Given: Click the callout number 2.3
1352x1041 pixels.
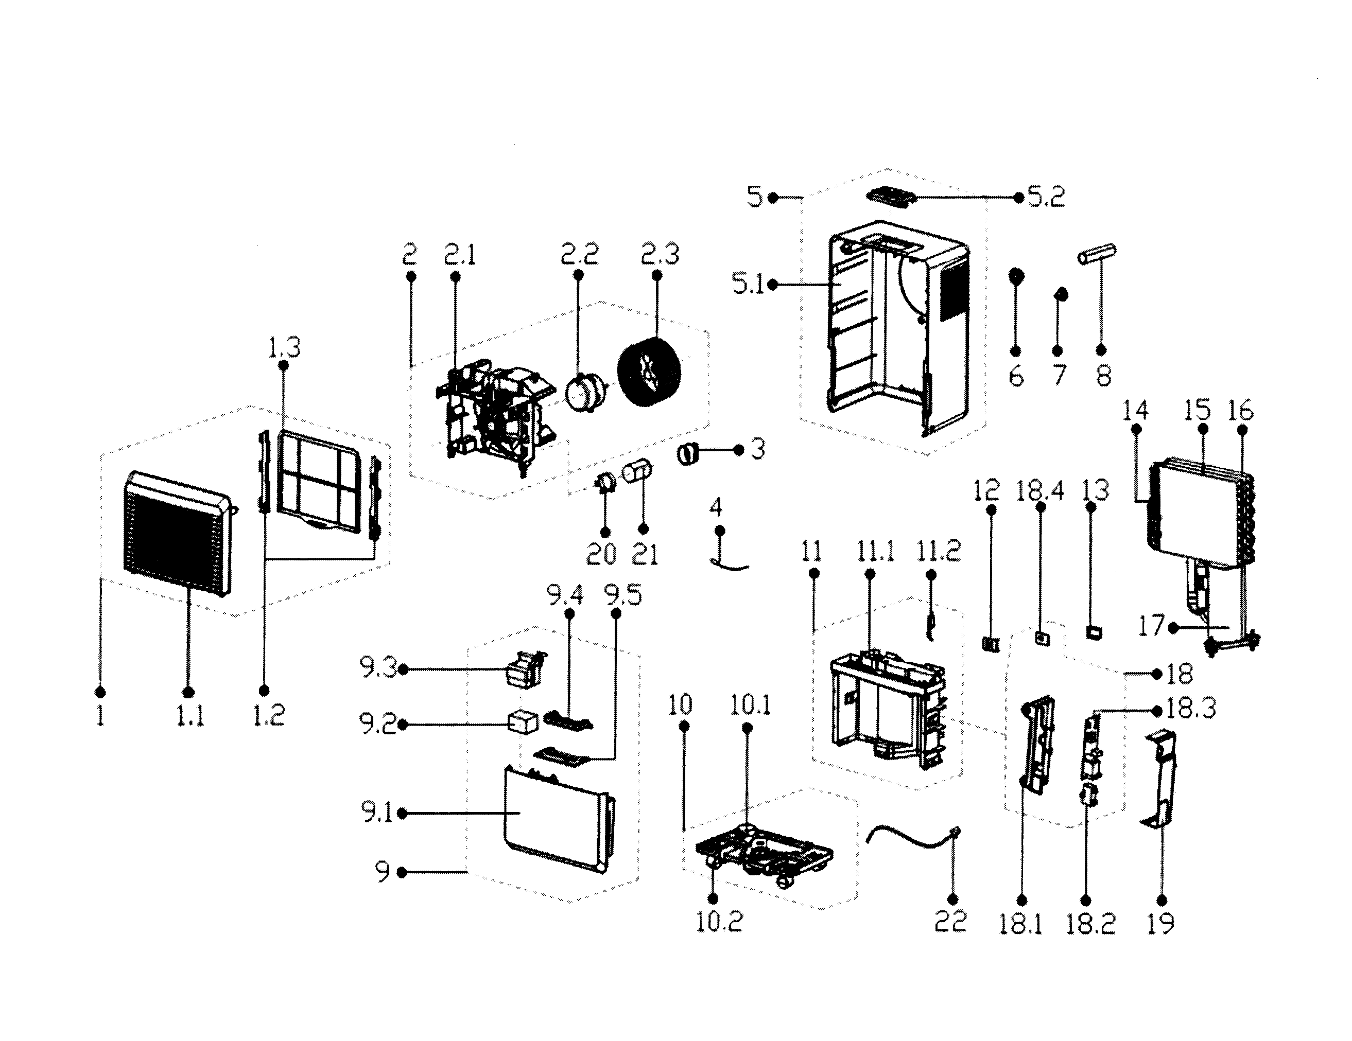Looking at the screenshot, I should (660, 254).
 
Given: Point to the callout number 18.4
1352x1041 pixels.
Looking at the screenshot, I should (1040, 491).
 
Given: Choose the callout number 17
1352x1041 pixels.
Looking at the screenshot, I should (1151, 626).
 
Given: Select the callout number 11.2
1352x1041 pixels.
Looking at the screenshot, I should (938, 550).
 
